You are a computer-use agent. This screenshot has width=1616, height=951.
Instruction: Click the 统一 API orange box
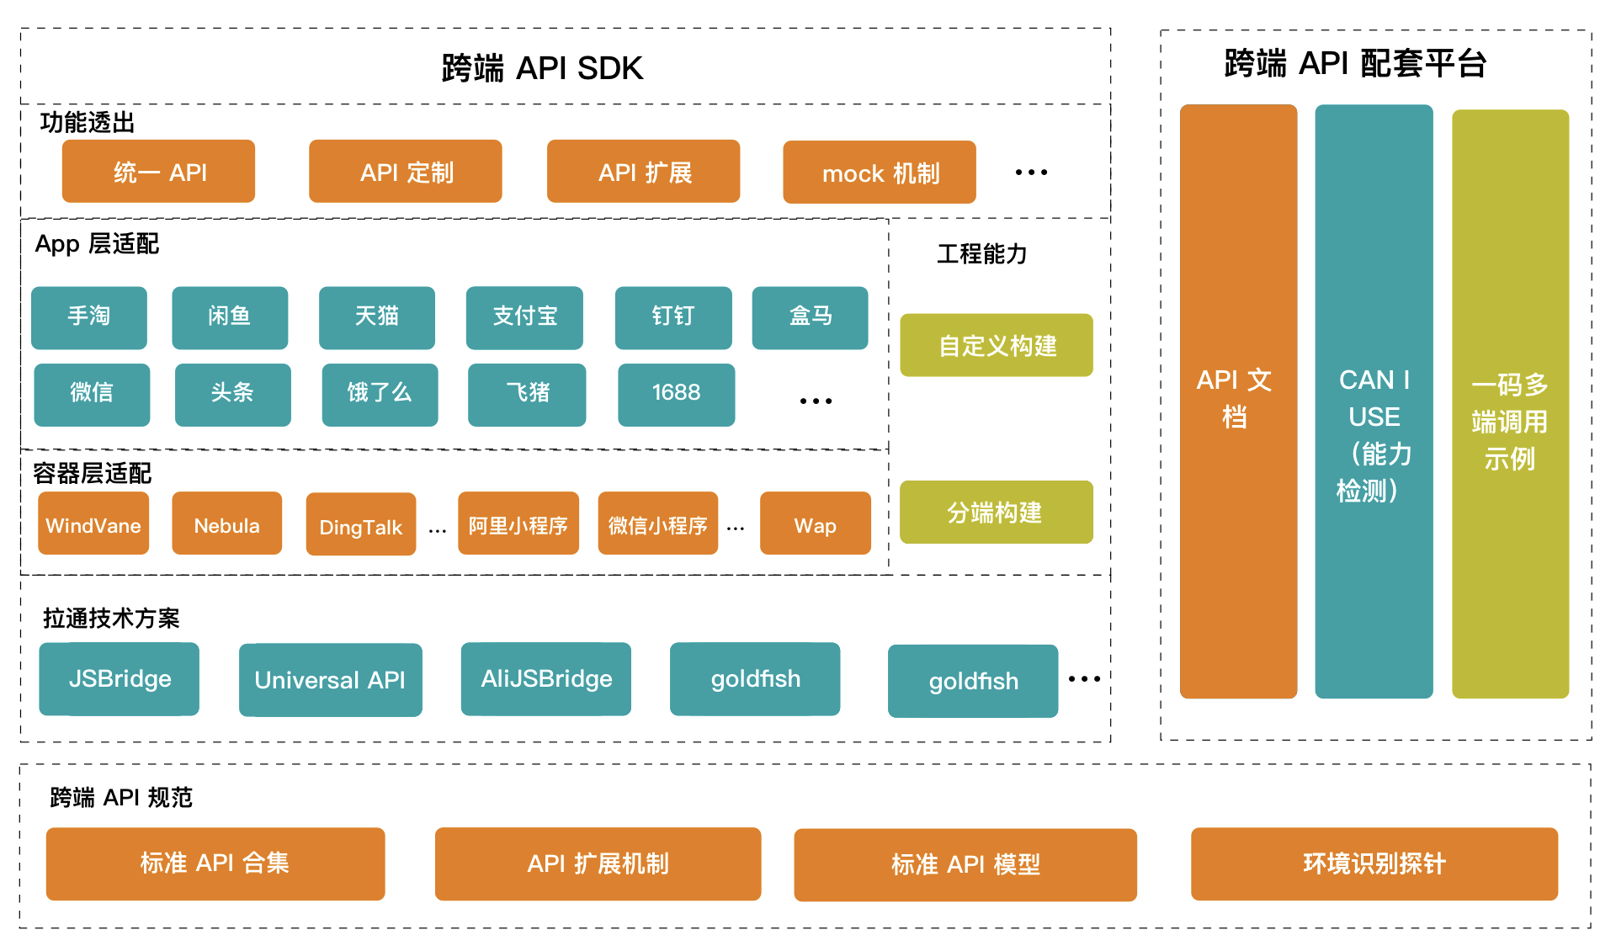pos(158,172)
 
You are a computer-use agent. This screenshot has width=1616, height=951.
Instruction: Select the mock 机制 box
pos(879,173)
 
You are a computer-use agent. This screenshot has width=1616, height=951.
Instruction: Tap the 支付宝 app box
pos(524,317)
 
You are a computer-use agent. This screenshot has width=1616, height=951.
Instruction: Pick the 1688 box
pos(676,394)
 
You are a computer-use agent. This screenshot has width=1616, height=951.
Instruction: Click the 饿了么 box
pos(380,394)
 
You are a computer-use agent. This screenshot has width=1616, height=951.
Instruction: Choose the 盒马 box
pos(810,317)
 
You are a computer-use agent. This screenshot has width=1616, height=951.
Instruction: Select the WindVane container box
pos(93,523)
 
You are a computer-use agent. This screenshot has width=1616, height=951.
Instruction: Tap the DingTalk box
pos(360,525)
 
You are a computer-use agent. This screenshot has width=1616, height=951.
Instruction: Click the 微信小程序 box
pos(657,523)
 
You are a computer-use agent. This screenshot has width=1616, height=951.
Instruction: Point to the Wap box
pos(815,523)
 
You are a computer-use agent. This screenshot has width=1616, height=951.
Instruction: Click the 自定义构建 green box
pos(997,345)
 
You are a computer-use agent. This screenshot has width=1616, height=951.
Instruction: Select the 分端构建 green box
pos(997,512)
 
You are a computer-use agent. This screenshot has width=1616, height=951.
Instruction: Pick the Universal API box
pos(330,680)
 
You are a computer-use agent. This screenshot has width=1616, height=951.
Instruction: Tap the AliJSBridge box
pos(545,679)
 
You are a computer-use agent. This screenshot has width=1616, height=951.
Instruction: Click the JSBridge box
pos(119,679)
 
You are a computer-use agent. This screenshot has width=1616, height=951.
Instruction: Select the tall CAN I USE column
pos(1374,401)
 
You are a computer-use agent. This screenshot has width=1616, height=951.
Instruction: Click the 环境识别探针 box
pos(1374,864)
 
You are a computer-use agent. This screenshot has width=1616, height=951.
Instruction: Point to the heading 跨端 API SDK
pos(542,68)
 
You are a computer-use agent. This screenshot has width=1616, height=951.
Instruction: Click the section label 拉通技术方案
pos(111,619)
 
